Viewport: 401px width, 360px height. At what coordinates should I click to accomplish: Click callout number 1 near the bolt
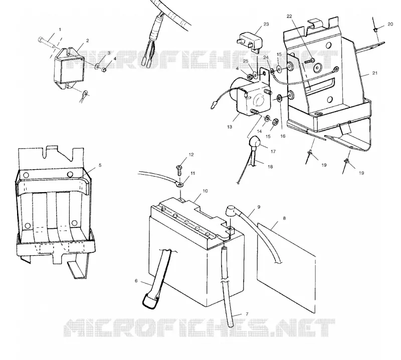pyautogui.click(x=60, y=30)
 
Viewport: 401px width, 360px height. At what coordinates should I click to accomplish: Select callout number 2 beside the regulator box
pyautogui.click(x=87, y=41)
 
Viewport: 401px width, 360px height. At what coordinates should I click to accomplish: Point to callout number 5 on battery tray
pyautogui.click(x=100, y=165)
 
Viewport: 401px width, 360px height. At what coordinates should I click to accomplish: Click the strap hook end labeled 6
pyautogui.click(x=150, y=302)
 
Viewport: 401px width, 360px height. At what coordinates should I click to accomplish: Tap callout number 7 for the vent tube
pyautogui.click(x=247, y=314)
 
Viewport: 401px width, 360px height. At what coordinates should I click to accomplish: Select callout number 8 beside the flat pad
pyautogui.click(x=284, y=218)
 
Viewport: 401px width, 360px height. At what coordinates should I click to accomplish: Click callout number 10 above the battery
pyautogui.click(x=205, y=191)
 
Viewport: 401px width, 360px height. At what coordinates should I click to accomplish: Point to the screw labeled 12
pyautogui.click(x=179, y=169)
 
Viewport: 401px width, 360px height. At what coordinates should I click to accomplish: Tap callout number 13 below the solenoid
pyautogui.click(x=230, y=127)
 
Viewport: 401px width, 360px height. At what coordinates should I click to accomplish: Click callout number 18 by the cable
pyautogui.click(x=270, y=167)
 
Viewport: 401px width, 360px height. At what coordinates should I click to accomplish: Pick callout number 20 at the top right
pyautogui.click(x=390, y=24)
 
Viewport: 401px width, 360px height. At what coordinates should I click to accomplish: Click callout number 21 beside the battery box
pyautogui.click(x=374, y=73)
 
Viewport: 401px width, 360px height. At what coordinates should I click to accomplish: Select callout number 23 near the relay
pyautogui.click(x=266, y=24)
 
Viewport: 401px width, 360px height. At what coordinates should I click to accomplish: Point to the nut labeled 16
pyautogui.click(x=279, y=98)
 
